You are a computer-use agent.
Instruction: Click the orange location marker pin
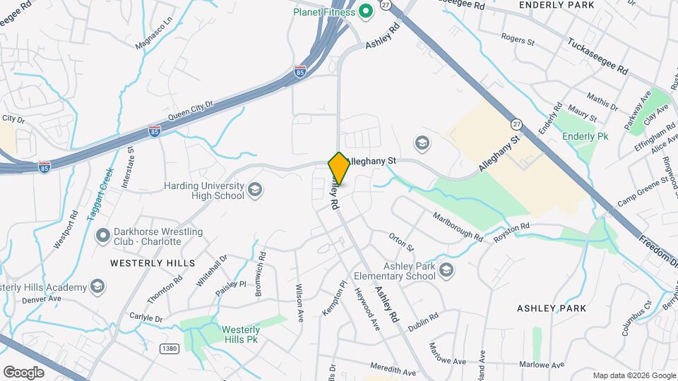(339, 169)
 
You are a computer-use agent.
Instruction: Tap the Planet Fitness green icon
(366, 11)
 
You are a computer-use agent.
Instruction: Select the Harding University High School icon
(255, 190)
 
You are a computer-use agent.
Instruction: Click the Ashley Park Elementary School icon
(446, 270)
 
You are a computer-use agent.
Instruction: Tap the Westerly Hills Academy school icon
(97, 286)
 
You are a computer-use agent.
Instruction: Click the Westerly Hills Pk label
(241, 334)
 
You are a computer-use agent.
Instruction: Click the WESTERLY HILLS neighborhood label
(152, 262)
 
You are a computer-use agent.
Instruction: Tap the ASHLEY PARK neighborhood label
(552, 308)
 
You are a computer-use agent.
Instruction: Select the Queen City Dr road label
(190, 111)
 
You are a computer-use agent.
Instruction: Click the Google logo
(23, 372)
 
